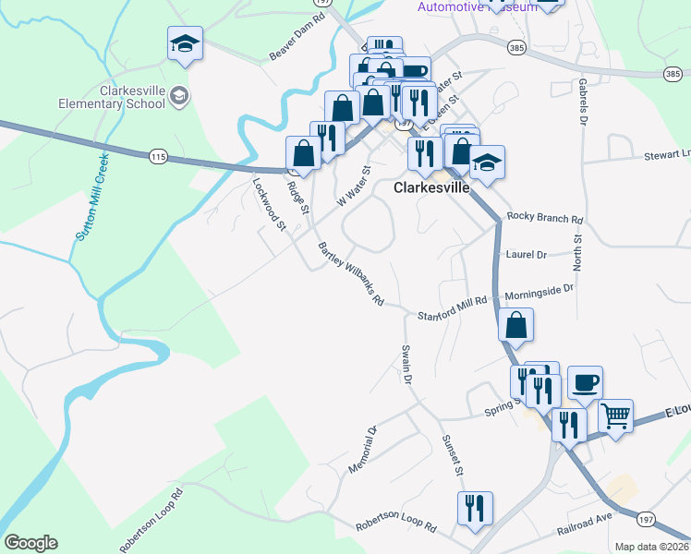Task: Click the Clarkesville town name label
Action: [x=431, y=187]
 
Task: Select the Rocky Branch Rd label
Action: [x=546, y=220]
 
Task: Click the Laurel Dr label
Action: [x=527, y=254]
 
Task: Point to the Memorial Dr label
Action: [x=363, y=450]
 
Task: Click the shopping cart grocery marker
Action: [x=615, y=415]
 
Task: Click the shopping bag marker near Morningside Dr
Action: [x=515, y=325]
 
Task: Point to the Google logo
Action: [x=30, y=542]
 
